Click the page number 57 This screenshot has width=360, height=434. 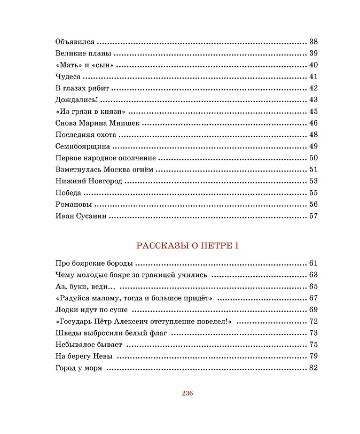[313, 216]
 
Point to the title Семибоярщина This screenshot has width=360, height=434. [83, 146]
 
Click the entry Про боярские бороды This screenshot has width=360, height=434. [94, 263]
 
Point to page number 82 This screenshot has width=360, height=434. [313, 368]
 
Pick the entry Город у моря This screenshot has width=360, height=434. [79, 368]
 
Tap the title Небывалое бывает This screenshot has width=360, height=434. [89, 345]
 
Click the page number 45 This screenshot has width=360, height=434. [313, 111]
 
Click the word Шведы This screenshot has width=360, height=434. [67, 333]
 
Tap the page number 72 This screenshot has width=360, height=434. [313, 321]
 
